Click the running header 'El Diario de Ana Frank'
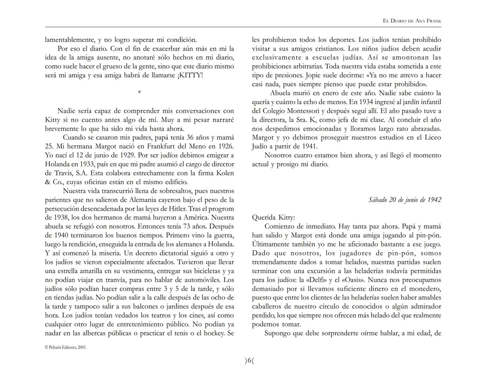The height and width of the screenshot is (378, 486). (x=412, y=21)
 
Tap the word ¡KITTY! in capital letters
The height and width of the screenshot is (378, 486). (x=190, y=75)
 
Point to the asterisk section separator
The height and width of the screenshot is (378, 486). (x=139, y=92)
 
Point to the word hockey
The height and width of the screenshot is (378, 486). (x=215, y=333)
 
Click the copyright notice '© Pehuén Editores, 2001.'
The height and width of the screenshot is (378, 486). (x=66, y=348)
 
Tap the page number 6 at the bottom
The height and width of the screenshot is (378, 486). (x=249, y=361)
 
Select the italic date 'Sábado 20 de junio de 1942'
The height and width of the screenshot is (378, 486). (x=404, y=200)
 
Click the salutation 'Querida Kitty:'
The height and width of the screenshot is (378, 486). (x=273, y=217)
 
